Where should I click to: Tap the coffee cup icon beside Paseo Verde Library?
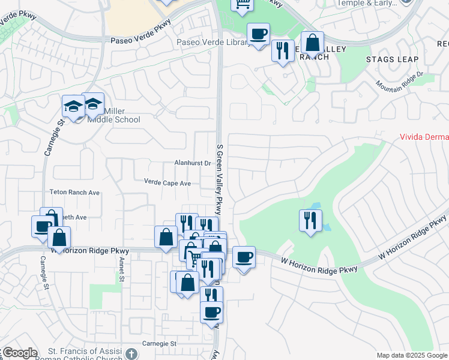258,35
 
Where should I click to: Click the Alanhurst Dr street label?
192,163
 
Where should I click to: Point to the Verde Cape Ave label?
167,182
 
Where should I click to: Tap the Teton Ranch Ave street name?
74,193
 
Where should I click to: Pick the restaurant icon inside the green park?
310,220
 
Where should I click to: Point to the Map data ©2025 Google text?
412,355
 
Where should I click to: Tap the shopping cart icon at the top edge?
242,4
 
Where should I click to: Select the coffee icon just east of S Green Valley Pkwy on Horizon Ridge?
244,258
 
